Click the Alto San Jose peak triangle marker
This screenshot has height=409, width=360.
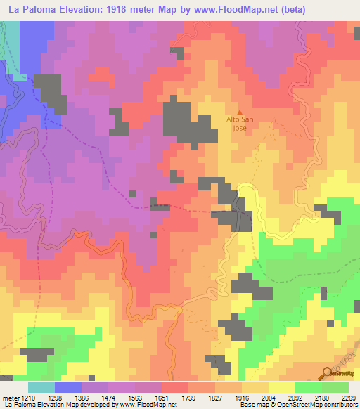pos(240,111)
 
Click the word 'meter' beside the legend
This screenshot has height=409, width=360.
pos(9,398)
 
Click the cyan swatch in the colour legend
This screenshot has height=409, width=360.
pos(41,387)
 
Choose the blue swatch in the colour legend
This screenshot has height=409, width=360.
pos(68,387)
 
